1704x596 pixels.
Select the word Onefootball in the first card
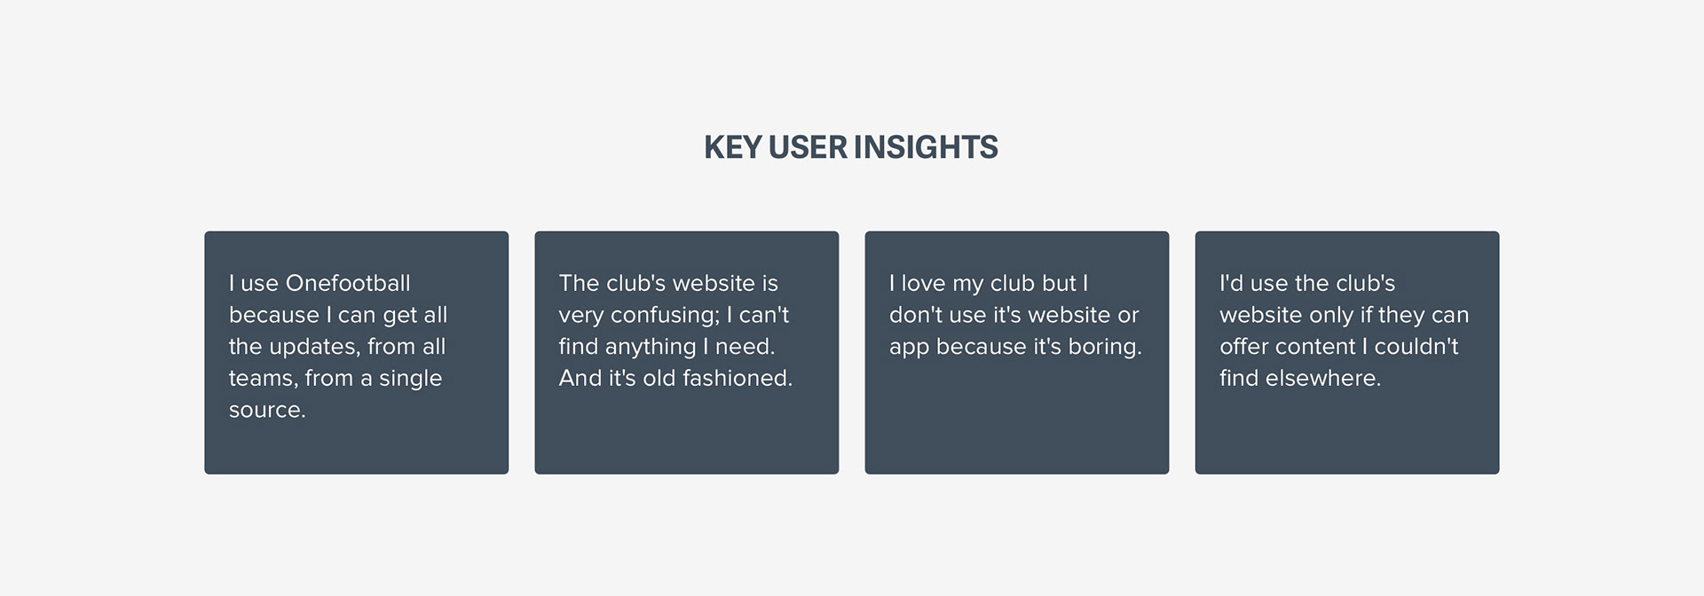[348, 283]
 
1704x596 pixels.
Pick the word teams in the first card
[261, 379]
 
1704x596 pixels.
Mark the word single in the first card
[410, 379]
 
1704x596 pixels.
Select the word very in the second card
[581, 316]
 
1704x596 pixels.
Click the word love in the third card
[923, 284]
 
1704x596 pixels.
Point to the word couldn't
[1416, 347]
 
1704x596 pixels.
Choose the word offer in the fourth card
[1243, 347]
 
